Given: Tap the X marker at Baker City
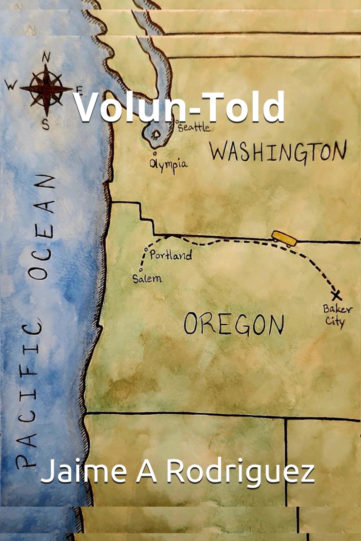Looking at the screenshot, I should (x=337, y=295).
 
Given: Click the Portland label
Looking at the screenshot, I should (x=170, y=256).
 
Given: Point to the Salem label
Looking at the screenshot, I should (x=147, y=278).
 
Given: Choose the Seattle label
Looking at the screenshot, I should (x=194, y=127).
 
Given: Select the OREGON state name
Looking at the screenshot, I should (x=234, y=324).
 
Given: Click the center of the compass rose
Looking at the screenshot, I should (x=46, y=88).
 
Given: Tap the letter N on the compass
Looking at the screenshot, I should (x=47, y=57).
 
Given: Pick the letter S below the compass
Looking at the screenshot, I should (x=46, y=124).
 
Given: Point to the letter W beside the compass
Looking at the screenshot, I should (x=12, y=86).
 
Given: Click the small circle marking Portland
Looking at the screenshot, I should (x=146, y=249).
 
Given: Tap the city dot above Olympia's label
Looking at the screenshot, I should (x=149, y=153).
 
